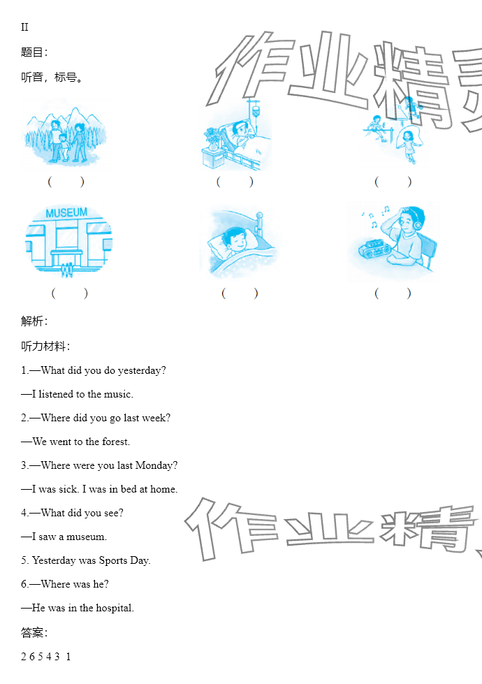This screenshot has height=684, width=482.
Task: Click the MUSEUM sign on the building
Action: (x=66, y=213)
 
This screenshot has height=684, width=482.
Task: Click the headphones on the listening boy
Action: (x=418, y=221)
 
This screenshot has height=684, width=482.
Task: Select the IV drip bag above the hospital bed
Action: (x=256, y=112)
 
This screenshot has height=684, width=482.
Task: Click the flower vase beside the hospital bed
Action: (x=212, y=140)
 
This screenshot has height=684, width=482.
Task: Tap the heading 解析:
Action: (x=34, y=321)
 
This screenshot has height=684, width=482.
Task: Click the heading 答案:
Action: (x=34, y=632)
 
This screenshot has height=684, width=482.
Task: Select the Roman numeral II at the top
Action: (x=24, y=27)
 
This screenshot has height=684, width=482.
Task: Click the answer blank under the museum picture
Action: (x=69, y=293)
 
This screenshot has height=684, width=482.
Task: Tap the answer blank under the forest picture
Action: (x=66, y=182)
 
